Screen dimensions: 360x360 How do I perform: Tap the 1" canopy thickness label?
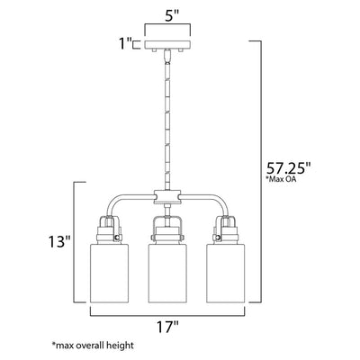point(125,44)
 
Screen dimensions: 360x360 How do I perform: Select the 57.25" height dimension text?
point(289,168)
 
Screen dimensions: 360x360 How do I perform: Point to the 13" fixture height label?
point(59,241)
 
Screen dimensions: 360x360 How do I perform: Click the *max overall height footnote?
point(93,345)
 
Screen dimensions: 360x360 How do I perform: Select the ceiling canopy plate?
point(167,44)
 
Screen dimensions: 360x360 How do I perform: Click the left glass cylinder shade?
point(109,273)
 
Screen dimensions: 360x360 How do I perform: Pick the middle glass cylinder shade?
point(167,273)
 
